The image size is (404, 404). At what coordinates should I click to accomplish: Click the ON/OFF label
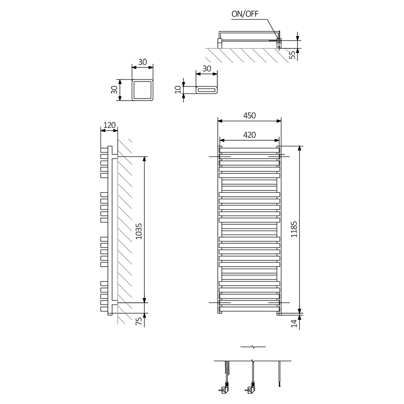pyautogui.click(x=245, y=14)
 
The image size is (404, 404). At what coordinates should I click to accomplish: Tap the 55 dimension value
pyautogui.click(x=292, y=55)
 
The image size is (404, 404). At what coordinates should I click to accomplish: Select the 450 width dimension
pyautogui.click(x=249, y=116)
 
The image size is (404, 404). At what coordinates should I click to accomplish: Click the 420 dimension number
pyautogui.click(x=249, y=135)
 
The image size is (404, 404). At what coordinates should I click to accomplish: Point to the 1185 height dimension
pyautogui.click(x=294, y=229)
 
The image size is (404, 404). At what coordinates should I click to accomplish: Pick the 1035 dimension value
pyautogui.click(x=139, y=231)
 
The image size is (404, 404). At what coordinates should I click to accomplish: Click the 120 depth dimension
pyautogui.click(x=109, y=125)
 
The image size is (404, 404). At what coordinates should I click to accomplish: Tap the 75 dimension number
pyautogui.click(x=139, y=321)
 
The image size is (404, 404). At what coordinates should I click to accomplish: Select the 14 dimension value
pyautogui.click(x=294, y=323)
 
